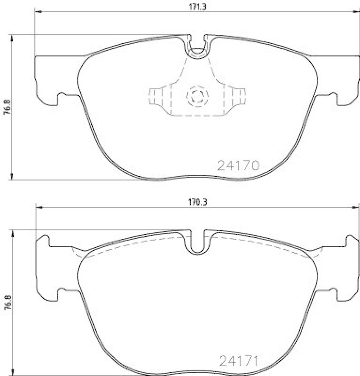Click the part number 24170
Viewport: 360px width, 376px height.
click(x=238, y=165)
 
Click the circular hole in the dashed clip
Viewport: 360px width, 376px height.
click(x=196, y=97)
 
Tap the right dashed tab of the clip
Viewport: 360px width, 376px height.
click(x=240, y=97)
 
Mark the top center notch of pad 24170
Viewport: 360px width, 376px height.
click(x=196, y=47)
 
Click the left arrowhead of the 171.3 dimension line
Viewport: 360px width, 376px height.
click(x=37, y=12)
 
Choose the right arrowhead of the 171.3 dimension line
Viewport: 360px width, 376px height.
click(x=355, y=12)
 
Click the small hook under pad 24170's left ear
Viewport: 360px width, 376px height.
click(x=62, y=97)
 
